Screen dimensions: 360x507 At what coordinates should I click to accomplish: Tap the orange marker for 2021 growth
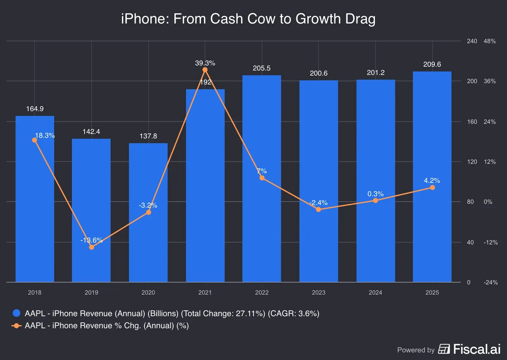coord(205,70)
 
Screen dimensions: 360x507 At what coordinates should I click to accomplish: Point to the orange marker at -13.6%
coord(92,247)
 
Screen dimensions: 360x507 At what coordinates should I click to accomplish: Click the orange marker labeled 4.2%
coord(432,188)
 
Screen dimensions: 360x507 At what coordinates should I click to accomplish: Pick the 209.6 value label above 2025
coord(432,64)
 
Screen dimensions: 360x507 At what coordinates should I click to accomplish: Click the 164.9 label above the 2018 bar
coord(35,109)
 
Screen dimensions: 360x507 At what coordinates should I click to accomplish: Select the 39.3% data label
coord(205,63)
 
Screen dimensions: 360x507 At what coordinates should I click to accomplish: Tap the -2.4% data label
coord(318,203)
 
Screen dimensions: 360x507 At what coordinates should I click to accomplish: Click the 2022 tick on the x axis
coord(262,292)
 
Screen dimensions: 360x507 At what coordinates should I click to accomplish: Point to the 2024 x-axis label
coord(375,292)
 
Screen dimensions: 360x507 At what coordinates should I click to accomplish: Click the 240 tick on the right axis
coord(472,41)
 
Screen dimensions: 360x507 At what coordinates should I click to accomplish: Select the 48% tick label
coord(490,41)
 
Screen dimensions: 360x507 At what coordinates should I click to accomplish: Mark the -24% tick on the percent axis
coord(491,282)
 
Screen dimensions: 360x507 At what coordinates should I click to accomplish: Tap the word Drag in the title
coord(360,19)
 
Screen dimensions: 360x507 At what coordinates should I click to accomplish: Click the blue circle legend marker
coord(16,313)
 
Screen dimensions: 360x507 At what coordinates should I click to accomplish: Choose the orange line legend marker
coord(16,326)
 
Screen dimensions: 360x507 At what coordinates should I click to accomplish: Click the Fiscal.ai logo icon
coord(444,349)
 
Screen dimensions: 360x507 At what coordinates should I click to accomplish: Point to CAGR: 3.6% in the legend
coord(293,313)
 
